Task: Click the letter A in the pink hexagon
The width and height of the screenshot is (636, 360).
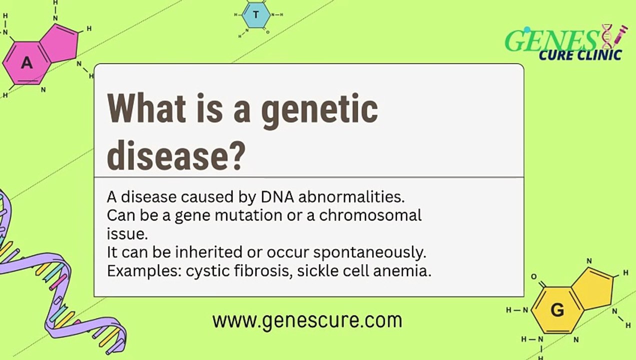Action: pyautogui.click(x=27, y=63)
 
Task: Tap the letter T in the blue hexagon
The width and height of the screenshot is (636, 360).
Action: pyautogui.click(x=256, y=14)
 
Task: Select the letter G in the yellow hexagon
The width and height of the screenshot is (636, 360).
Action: pyautogui.click(x=557, y=310)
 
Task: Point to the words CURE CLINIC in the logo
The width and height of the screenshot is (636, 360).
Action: pyautogui.click(x=580, y=54)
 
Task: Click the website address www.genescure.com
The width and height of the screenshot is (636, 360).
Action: pyautogui.click(x=307, y=320)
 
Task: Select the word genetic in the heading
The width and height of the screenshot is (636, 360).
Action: pyautogui.click(x=320, y=109)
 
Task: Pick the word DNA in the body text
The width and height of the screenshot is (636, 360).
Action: pyautogui.click(x=278, y=197)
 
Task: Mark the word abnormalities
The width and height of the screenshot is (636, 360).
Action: pyautogui.click(x=351, y=197)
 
